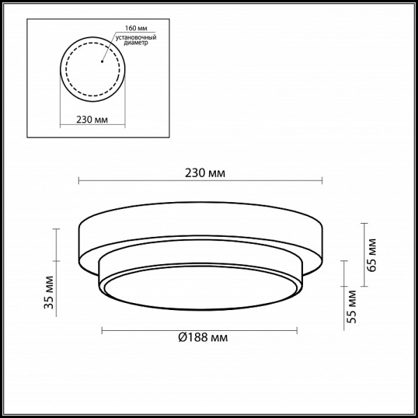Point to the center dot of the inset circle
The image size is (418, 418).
[x=102, y=61]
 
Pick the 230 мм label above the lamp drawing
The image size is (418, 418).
[x=200, y=172]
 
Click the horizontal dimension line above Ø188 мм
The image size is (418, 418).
[x=201, y=329]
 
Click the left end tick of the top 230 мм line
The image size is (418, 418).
[x=78, y=182]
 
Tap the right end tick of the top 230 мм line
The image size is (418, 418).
[x=323, y=182]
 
